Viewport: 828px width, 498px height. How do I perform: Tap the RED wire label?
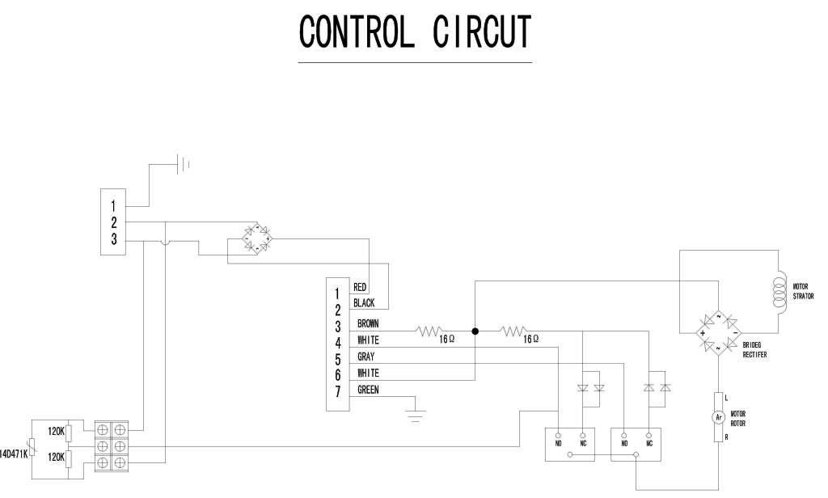(361, 287)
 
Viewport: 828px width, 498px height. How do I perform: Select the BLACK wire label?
(364, 303)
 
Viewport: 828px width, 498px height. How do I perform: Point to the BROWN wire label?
(367, 323)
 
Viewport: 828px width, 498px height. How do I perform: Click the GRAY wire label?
(365, 357)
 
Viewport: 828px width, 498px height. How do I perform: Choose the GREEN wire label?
(368, 390)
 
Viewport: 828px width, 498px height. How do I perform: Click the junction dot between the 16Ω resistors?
(475, 331)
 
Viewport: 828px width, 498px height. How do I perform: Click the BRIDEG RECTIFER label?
(755, 349)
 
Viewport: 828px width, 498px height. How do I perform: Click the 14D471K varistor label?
(14, 453)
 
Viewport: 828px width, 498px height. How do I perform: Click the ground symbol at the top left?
(184, 165)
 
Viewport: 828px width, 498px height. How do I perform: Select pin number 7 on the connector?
(336, 393)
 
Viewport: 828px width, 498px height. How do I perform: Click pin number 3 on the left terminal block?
(114, 240)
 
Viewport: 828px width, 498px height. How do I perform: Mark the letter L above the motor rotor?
(727, 397)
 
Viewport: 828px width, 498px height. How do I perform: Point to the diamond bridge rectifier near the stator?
(718, 331)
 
